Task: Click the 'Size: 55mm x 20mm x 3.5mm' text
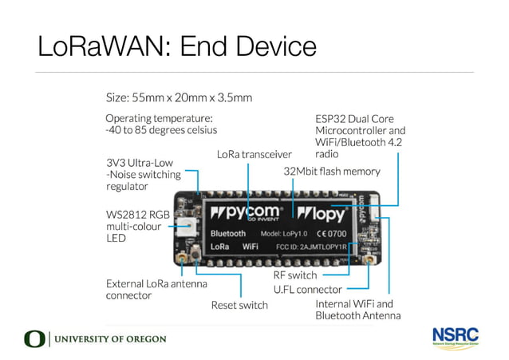pos(180,98)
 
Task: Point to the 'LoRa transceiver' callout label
pos(254,153)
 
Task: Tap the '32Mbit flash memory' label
pos(332,171)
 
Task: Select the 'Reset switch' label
pos(239,304)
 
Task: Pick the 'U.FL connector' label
pos(307,290)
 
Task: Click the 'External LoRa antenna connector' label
pos(156,289)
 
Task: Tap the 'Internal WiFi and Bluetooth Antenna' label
pos(354,310)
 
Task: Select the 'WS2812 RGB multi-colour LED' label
pos(140,226)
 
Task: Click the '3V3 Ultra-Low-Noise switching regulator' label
pos(141,175)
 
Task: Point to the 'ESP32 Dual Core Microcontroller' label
pos(361,130)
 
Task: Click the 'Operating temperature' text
pos(161,124)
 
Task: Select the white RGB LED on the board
pos(191,227)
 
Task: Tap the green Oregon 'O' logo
pos(35,339)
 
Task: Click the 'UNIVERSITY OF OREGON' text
pos(109,339)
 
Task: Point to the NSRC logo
pos(455,336)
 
